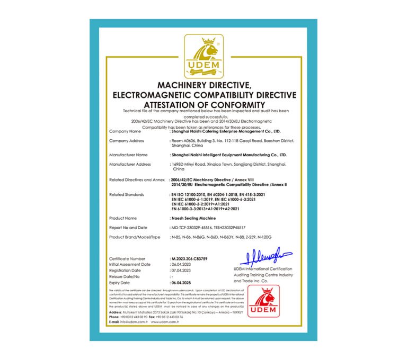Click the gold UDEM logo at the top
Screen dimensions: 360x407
click(x=204, y=56)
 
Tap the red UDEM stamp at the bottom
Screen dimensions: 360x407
click(x=263, y=301)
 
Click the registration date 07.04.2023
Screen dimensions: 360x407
click(x=181, y=270)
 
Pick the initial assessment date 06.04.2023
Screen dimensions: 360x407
click(x=181, y=264)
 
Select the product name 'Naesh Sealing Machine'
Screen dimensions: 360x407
click(x=191, y=218)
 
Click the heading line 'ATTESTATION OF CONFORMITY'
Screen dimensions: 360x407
click(x=204, y=104)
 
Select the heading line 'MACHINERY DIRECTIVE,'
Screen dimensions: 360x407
click(x=204, y=85)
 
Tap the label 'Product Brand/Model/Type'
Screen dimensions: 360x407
click(x=134, y=237)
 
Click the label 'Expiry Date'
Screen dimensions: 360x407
click(x=120, y=283)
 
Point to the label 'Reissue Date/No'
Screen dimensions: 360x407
click(x=125, y=276)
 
